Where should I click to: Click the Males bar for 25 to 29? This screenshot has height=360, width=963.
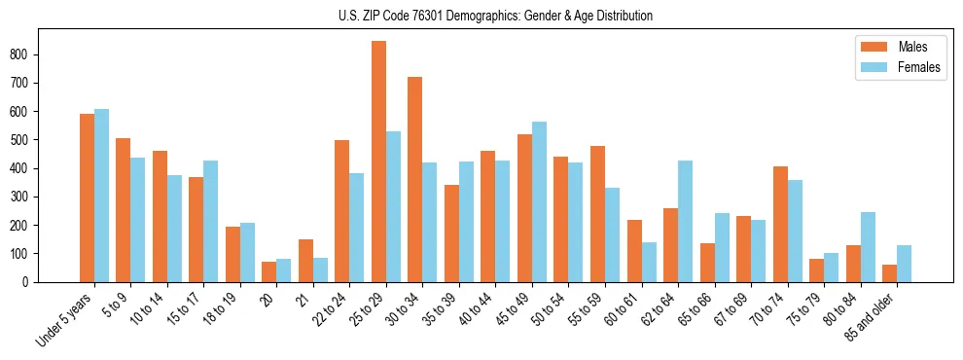coord(378,162)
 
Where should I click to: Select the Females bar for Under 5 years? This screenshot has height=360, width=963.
coord(101,196)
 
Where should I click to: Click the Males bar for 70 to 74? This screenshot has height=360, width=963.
coord(780,224)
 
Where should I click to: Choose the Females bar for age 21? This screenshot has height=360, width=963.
coord(320,270)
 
